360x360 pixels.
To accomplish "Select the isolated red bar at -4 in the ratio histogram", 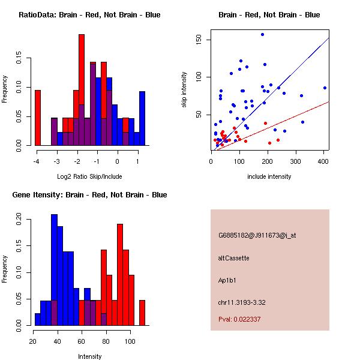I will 38,118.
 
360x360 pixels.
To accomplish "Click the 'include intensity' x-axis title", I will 269,176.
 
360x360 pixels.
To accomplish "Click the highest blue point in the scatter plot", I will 262,34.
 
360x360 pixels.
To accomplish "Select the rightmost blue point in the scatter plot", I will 325,88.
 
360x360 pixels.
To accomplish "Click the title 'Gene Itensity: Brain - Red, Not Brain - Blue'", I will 89,195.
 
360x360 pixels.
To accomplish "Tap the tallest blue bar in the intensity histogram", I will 54,269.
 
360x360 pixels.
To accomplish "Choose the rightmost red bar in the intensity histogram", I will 142,312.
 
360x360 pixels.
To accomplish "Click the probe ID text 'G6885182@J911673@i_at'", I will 257,235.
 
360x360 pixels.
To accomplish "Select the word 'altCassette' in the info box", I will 233,258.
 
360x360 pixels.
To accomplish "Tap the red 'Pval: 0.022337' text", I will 239,320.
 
